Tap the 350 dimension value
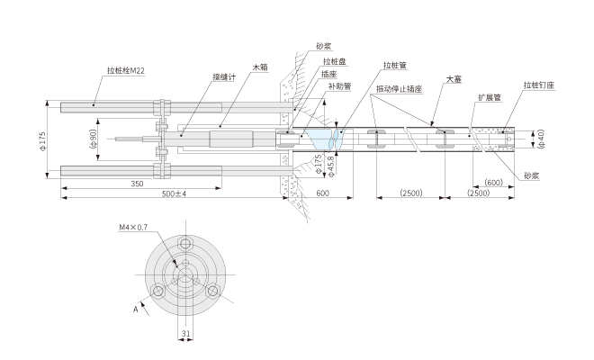tap(137, 184)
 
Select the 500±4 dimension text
tap(172, 194)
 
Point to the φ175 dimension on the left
tap(43, 139)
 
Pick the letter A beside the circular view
tap(135, 308)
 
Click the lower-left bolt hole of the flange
tap(159, 291)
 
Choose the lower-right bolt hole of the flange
tap(213, 291)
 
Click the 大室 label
tap(454, 79)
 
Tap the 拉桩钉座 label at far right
tap(539, 85)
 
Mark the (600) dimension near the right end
tap(492, 183)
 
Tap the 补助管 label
tap(339, 87)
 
